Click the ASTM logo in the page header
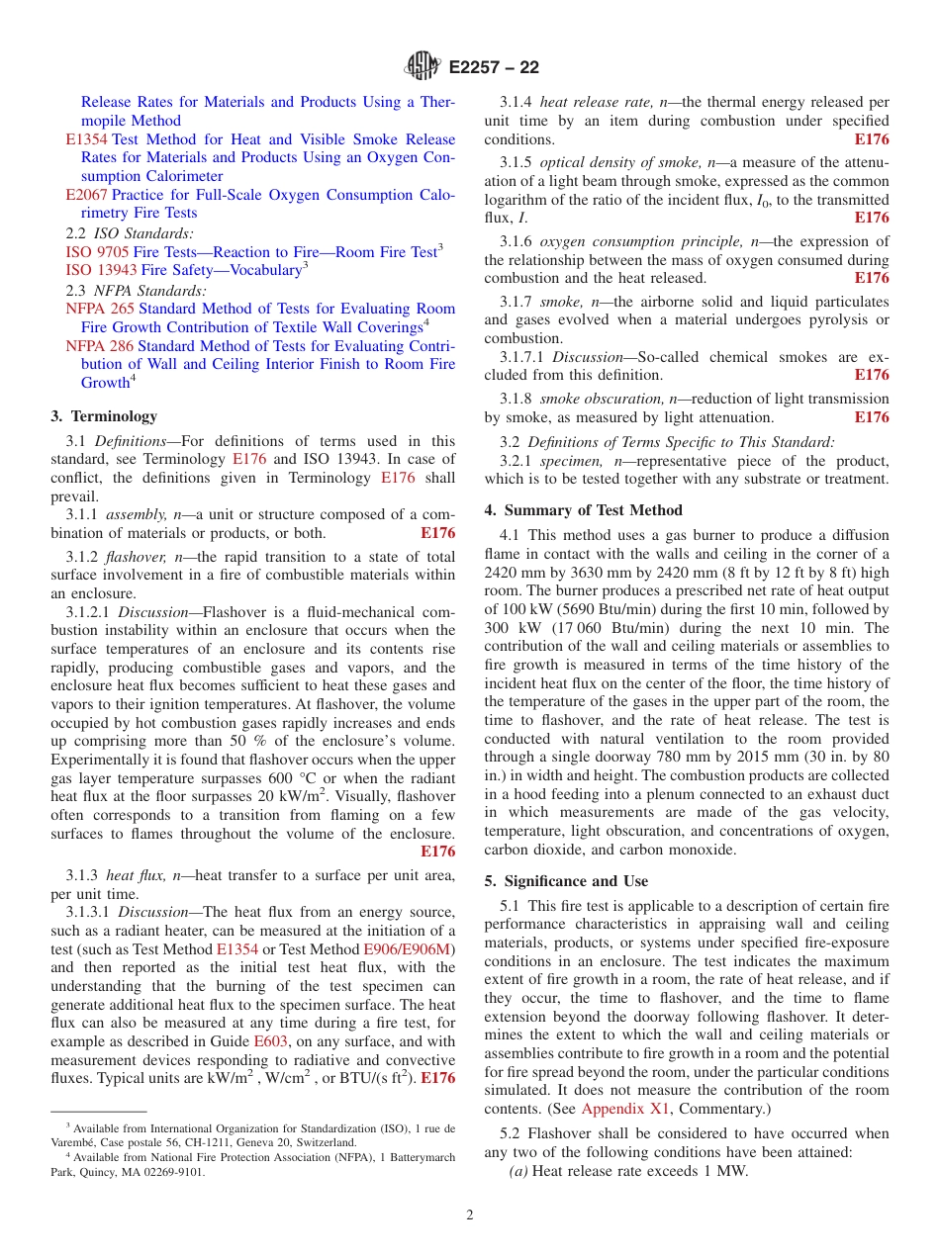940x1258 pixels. click(423, 67)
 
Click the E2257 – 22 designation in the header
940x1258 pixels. click(494, 68)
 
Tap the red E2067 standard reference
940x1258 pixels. click(86, 195)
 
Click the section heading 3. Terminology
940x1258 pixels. click(104, 416)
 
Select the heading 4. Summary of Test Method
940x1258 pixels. click(583, 510)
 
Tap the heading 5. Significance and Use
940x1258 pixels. click(566, 881)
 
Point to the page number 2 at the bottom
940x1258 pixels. click(470, 1215)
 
